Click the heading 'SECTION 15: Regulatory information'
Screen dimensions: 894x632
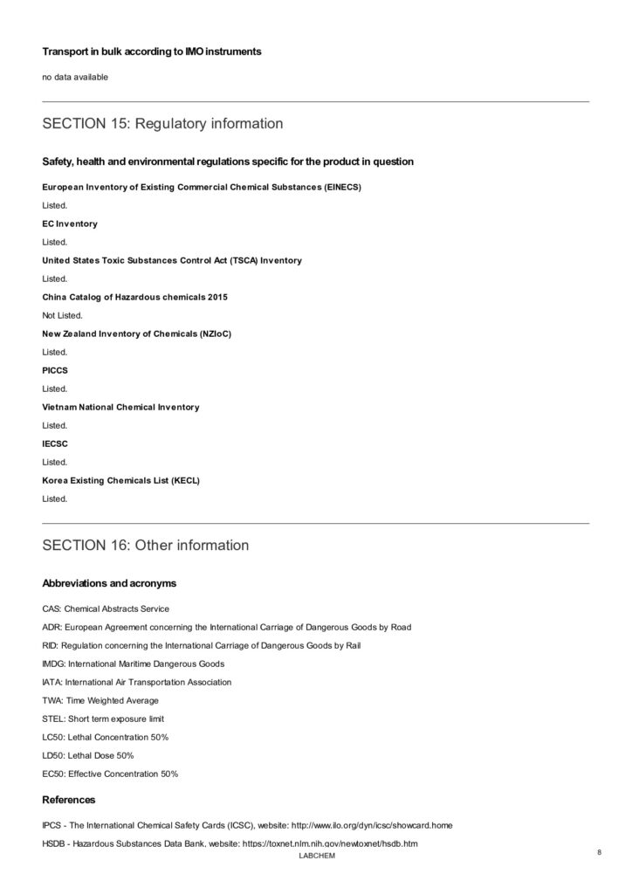162,124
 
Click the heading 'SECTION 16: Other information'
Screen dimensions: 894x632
145,546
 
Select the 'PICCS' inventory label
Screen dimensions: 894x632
56,370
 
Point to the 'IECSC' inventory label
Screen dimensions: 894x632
56,444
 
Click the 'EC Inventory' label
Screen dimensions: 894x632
70,223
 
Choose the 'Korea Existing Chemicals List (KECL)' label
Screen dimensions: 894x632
120,480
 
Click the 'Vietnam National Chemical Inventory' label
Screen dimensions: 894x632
120,407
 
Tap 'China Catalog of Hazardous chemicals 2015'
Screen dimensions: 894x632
134,297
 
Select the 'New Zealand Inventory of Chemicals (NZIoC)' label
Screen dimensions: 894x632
136,334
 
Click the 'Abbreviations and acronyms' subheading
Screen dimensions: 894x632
109,583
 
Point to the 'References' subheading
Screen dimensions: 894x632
69,800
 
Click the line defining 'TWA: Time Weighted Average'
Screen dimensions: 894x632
100,700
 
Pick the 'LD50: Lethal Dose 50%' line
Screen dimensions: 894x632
88,755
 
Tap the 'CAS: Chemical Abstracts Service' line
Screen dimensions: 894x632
106,609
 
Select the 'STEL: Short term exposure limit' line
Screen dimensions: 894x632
103,719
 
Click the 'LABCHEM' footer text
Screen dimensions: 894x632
316,856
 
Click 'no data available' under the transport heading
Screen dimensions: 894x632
75,78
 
